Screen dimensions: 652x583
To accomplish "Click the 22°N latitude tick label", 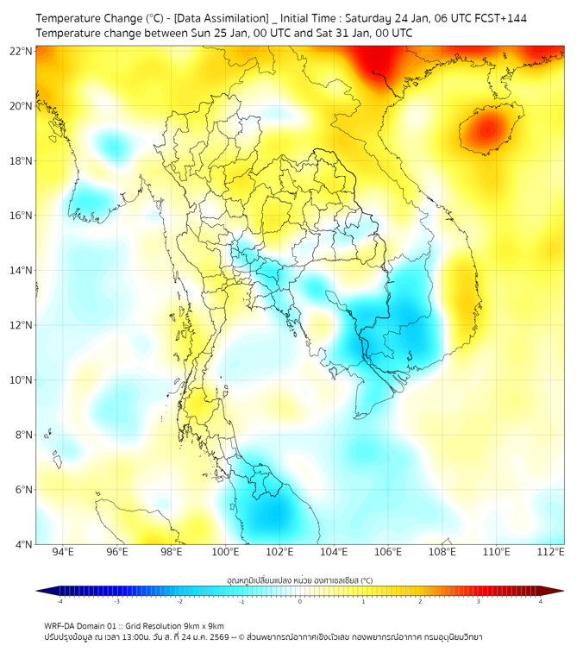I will [22, 51].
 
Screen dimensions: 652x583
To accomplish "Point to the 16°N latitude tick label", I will [22, 216].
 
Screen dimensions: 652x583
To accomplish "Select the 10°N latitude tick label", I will [22, 379].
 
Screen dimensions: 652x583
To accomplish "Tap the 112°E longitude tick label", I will [551, 553].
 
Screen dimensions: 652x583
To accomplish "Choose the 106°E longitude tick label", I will [388, 553].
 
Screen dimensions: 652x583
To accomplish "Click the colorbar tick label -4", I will [60, 601].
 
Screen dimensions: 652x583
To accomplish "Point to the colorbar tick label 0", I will [300, 601].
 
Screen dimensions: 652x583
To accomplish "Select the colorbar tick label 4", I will [541, 601].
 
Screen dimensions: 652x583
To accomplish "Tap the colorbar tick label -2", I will [179, 601].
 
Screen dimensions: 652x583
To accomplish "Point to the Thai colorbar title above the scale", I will [299, 580].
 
